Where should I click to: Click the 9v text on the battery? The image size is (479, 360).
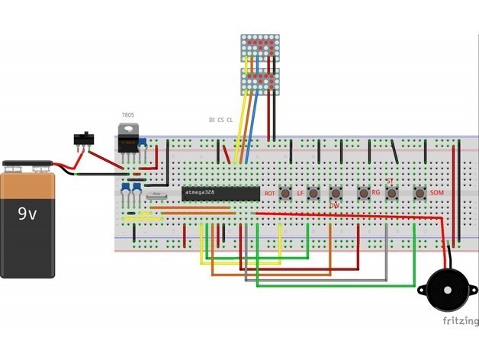click(x=27, y=214)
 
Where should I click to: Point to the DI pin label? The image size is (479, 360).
click(x=211, y=121)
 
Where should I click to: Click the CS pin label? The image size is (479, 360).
click(x=220, y=121)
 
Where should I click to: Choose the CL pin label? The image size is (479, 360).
click(x=230, y=121)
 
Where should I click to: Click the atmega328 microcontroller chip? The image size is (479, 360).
click(x=220, y=193)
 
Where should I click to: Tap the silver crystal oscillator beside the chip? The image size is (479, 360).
click(x=158, y=196)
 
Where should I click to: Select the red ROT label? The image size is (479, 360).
click(x=269, y=194)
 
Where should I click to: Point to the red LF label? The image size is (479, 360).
click(x=300, y=194)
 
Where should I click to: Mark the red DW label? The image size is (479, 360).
click(x=334, y=206)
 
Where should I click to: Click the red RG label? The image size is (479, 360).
click(x=375, y=194)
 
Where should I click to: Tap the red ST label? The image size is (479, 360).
click(x=390, y=182)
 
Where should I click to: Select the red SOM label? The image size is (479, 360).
click(x=437, y=194)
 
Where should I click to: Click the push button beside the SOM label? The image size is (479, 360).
click(x=418, y=193)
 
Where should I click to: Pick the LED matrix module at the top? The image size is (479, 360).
click(x=262, y=65)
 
